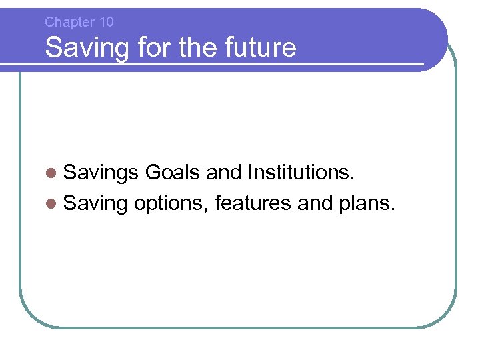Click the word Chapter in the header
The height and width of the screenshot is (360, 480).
(69, 22)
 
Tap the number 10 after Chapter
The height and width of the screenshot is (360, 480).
(106, 22)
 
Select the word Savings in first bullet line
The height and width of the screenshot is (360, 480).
(101, 173)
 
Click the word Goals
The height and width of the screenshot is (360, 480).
(173, 173)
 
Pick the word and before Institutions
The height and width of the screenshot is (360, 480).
(225, 173)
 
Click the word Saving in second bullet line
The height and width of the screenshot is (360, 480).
(95, 203)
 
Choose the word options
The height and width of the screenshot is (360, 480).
(171, 203)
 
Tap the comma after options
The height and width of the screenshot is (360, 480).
(211, 209)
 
